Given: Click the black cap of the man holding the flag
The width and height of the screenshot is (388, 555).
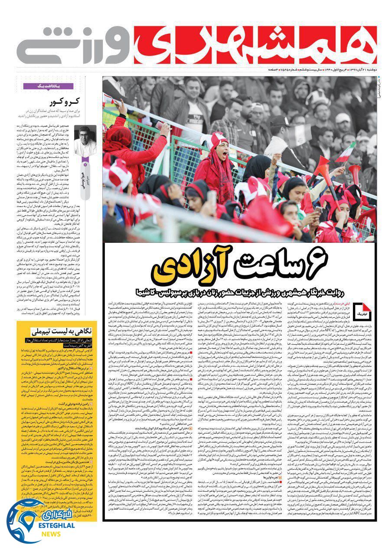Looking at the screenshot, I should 280,121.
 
